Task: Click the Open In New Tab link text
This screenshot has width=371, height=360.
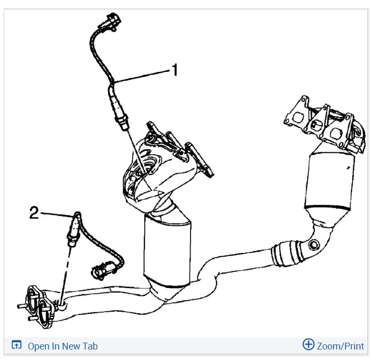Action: pos(62,346)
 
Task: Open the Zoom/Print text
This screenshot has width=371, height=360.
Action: pos(340,346)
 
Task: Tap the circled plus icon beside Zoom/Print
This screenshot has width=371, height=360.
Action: pos(309,345)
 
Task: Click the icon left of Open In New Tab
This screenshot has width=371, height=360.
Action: pos(17,346)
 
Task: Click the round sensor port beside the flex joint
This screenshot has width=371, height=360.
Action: pos(314,245)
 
